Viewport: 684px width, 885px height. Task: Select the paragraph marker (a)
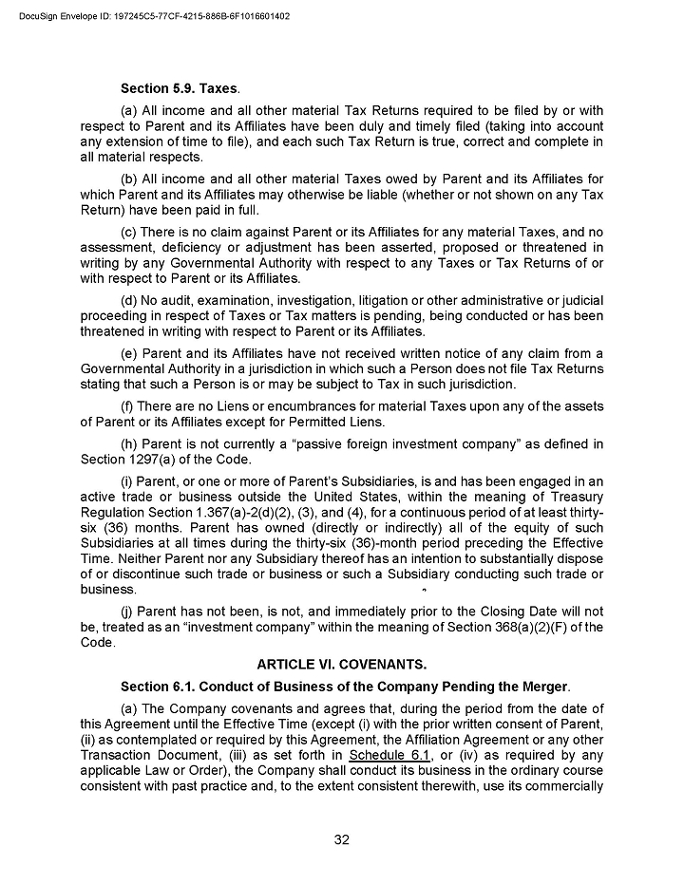click(130, 112)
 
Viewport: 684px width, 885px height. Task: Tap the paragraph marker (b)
click(130, 179)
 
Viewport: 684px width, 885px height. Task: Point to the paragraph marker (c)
click(130, 233)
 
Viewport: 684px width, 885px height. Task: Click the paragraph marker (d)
click(130, 301)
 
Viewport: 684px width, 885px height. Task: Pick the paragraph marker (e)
click(130, 354)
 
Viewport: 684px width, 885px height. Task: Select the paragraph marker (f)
click(129, 406)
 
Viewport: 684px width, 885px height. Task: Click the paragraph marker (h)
click(130, 445)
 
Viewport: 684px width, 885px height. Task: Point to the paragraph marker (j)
click(127, 612)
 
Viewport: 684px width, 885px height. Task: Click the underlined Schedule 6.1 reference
click(377, 756)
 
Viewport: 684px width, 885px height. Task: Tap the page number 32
click(342, 839)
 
